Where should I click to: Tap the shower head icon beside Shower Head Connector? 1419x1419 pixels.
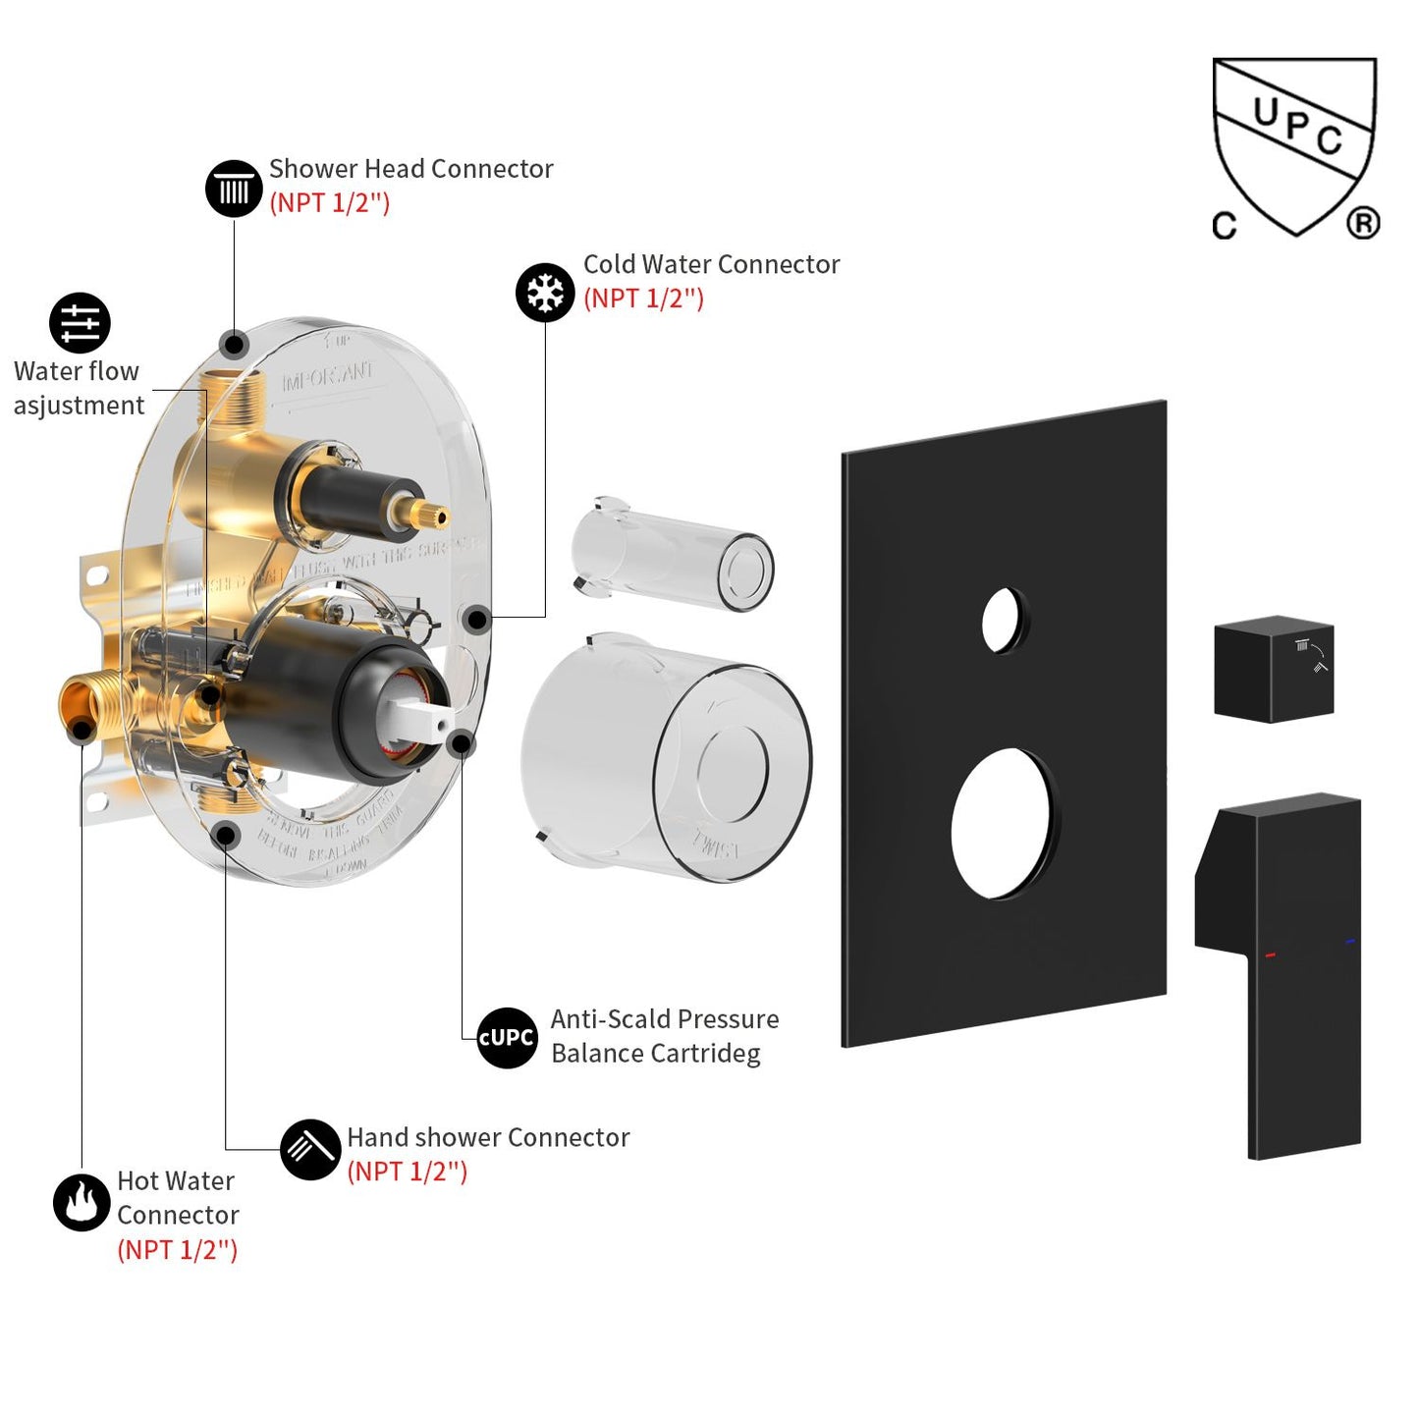tap(234, 189)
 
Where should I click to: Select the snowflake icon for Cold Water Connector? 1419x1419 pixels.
tap(545, 293)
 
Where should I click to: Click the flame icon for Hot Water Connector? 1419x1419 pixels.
tap(82, 1202)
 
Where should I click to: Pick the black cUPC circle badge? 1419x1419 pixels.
tap(507, 1038)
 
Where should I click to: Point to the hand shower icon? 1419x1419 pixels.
tap(310, 1149)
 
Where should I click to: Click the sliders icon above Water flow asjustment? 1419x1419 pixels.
tap(80, 323)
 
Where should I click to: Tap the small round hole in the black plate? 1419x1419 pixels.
tap(1003, 621)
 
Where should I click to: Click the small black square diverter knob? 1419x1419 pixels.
tap(1274, 670)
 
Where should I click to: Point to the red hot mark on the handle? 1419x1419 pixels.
tap(1270, 955)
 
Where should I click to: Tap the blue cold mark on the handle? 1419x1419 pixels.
tap(1349, 943)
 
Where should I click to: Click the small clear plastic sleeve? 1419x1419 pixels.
tap(673, 555)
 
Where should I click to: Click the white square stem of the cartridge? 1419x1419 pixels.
tap(422, 718)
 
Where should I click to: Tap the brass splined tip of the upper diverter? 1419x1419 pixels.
tap(430, 514)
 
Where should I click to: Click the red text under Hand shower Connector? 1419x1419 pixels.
tap(408, 1172)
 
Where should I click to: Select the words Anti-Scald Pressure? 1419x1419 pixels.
tap(664, 1019)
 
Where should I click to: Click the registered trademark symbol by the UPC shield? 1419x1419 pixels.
tap(1363, 224)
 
